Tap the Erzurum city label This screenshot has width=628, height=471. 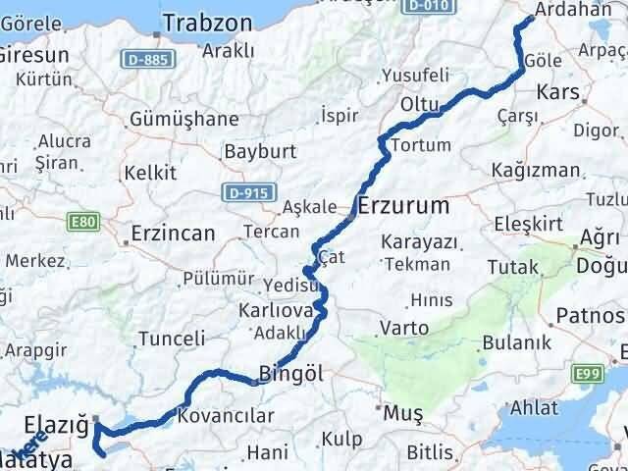pyautogui.click(x=404, y=206)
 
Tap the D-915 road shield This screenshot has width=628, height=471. pyautogui.click(x=240, y=189)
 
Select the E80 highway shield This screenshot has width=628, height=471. pyautogui.click(x=84, y=223)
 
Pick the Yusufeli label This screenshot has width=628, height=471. pyautogui.click(x=414, y=75)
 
